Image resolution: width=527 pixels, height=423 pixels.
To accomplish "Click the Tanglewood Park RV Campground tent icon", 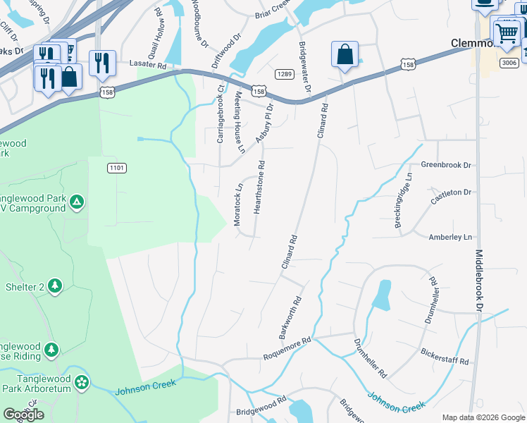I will click(x=77, y=203).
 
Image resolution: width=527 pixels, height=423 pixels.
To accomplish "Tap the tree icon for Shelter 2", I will click(x=55, y=286).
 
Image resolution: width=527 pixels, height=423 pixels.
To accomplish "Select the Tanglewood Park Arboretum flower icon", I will click(x=82, y=383).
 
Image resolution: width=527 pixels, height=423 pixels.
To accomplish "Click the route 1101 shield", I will click(x=117, y=167).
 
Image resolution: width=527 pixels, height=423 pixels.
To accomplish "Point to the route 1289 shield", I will click(x=284, y=74).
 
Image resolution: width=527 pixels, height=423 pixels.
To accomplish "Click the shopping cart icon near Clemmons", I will click(x=507, y=32).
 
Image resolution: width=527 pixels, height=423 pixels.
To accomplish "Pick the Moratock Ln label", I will click(x=238, y=205).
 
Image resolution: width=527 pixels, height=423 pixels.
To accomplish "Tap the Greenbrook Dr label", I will click(x=445, y=165).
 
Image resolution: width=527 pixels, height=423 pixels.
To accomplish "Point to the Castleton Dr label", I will click(x=450, y=192).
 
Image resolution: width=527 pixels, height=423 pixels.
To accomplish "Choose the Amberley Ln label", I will click(x=450, y=238).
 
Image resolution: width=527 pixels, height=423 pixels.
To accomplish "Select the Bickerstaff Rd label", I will click(x=445, y=360).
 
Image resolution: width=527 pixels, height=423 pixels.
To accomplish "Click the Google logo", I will click(x=23, y=415).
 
